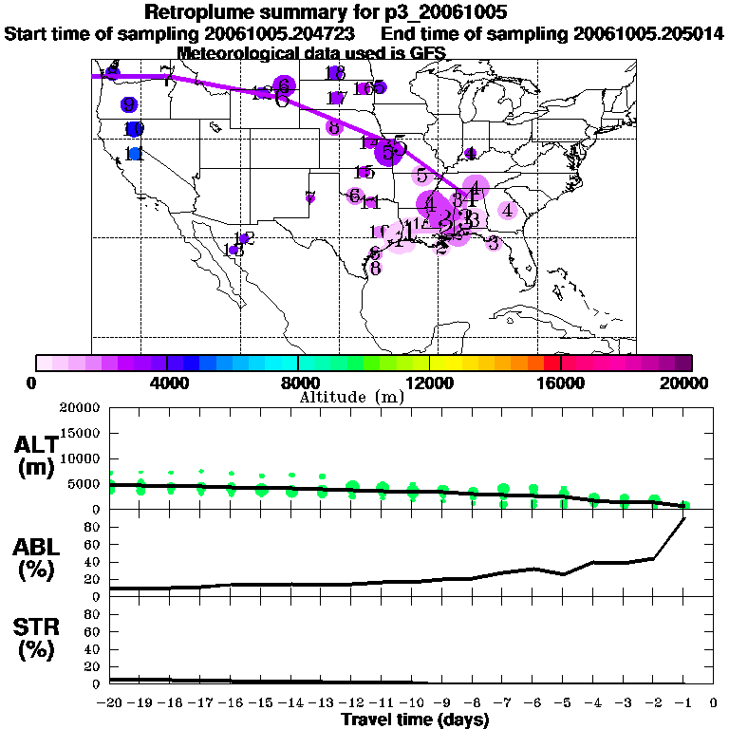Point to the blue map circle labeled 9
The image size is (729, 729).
128,104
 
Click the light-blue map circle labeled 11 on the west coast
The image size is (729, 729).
135,153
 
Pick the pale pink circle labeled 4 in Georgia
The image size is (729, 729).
508,210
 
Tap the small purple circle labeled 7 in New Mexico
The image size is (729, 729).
310,197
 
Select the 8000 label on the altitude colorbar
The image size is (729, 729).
298,383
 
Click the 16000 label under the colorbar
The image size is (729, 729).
560,383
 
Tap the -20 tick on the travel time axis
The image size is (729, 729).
109,702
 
